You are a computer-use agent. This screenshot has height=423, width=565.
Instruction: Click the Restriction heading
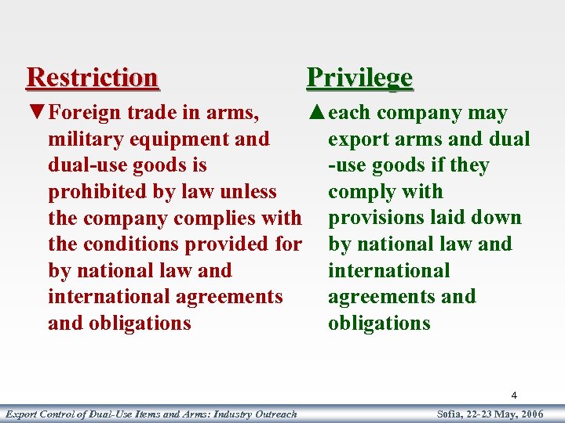click(x=92, y=78)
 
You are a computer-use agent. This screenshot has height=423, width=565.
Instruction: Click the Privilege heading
click(x=359, y=78)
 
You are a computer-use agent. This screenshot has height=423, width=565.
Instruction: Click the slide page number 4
click(x=514, y=396)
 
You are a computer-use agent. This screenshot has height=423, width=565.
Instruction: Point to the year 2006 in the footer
click(x=530, y=414)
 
